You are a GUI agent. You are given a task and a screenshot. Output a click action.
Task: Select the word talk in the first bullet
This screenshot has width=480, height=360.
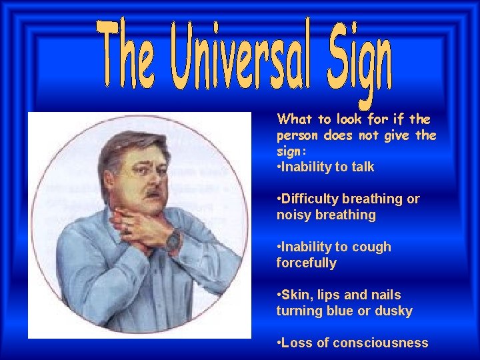[x=360, y=167]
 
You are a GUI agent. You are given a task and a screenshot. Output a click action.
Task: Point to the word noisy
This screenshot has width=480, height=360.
[x=293, y=215]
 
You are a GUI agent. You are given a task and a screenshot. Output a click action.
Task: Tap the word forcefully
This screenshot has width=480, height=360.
[x=306, y=263]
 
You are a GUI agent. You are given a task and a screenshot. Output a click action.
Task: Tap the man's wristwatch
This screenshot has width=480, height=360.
[x=173, y=241]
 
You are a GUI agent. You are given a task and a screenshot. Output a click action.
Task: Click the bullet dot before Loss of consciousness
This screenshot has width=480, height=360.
[x=278, y=343]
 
